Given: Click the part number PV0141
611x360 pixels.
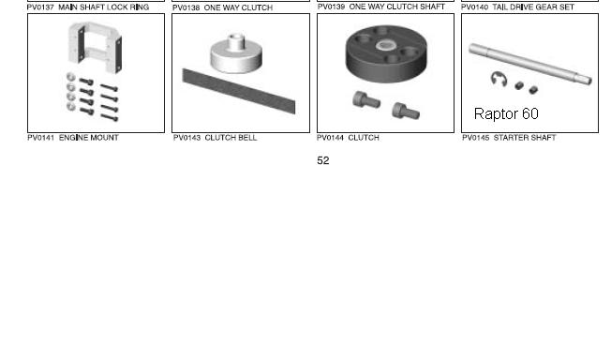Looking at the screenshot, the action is pos(40,138).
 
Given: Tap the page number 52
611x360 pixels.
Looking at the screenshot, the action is pos(323,160).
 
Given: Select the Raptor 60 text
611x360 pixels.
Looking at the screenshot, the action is pos(506,113).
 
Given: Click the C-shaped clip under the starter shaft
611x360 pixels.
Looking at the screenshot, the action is pos(499,79).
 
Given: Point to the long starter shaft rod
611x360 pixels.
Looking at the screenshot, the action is pos(530,63).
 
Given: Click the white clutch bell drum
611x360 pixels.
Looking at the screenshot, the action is pos(236,53).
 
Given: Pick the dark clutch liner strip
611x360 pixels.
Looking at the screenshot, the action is pos(238,91).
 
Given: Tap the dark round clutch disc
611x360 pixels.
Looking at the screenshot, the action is pos(386,53).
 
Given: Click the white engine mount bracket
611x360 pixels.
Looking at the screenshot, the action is pos(95,47).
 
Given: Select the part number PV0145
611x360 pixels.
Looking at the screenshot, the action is pos(476,138).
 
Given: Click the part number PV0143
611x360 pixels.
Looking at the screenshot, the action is pos(186,138).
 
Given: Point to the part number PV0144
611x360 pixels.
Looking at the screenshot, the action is pos(330,138).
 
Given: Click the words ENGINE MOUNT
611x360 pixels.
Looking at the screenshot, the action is pos(89,138).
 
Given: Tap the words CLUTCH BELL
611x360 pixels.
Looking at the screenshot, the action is pos(231,138).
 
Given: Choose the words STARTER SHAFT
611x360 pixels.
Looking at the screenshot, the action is pos(525,138).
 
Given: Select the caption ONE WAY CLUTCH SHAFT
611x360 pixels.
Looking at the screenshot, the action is pos(396,7).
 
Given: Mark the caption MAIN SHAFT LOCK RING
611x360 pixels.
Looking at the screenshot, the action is pos(103,7).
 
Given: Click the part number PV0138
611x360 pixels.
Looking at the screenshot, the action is pos(186,7).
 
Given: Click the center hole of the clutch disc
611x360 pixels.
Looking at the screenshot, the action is pos(386,46).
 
